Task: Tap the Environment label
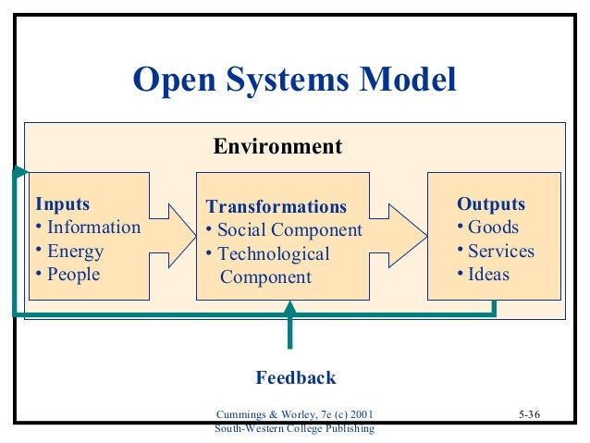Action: click(x=277, y=146)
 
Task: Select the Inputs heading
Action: click(x=63, y=203)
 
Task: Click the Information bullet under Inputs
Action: click(x=93, y=228)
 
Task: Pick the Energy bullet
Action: click(x=75, y=252)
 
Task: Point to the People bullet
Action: click(x=73, y=275)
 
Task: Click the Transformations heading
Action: click(x=277, y=205)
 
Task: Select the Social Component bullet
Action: click(x=289, y=230)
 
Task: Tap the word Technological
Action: click(x=275, y=254)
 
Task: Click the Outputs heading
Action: click(x=491, y=203)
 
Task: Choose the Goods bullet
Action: click(x=493, y=228)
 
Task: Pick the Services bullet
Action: click(x=500, y=252)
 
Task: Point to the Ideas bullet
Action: click(x=488, y=275)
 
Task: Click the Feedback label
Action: click(x=295, y=377)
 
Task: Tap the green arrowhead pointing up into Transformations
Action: click(x=290, y=308)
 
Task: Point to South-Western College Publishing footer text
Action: click(x=294, y=429)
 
